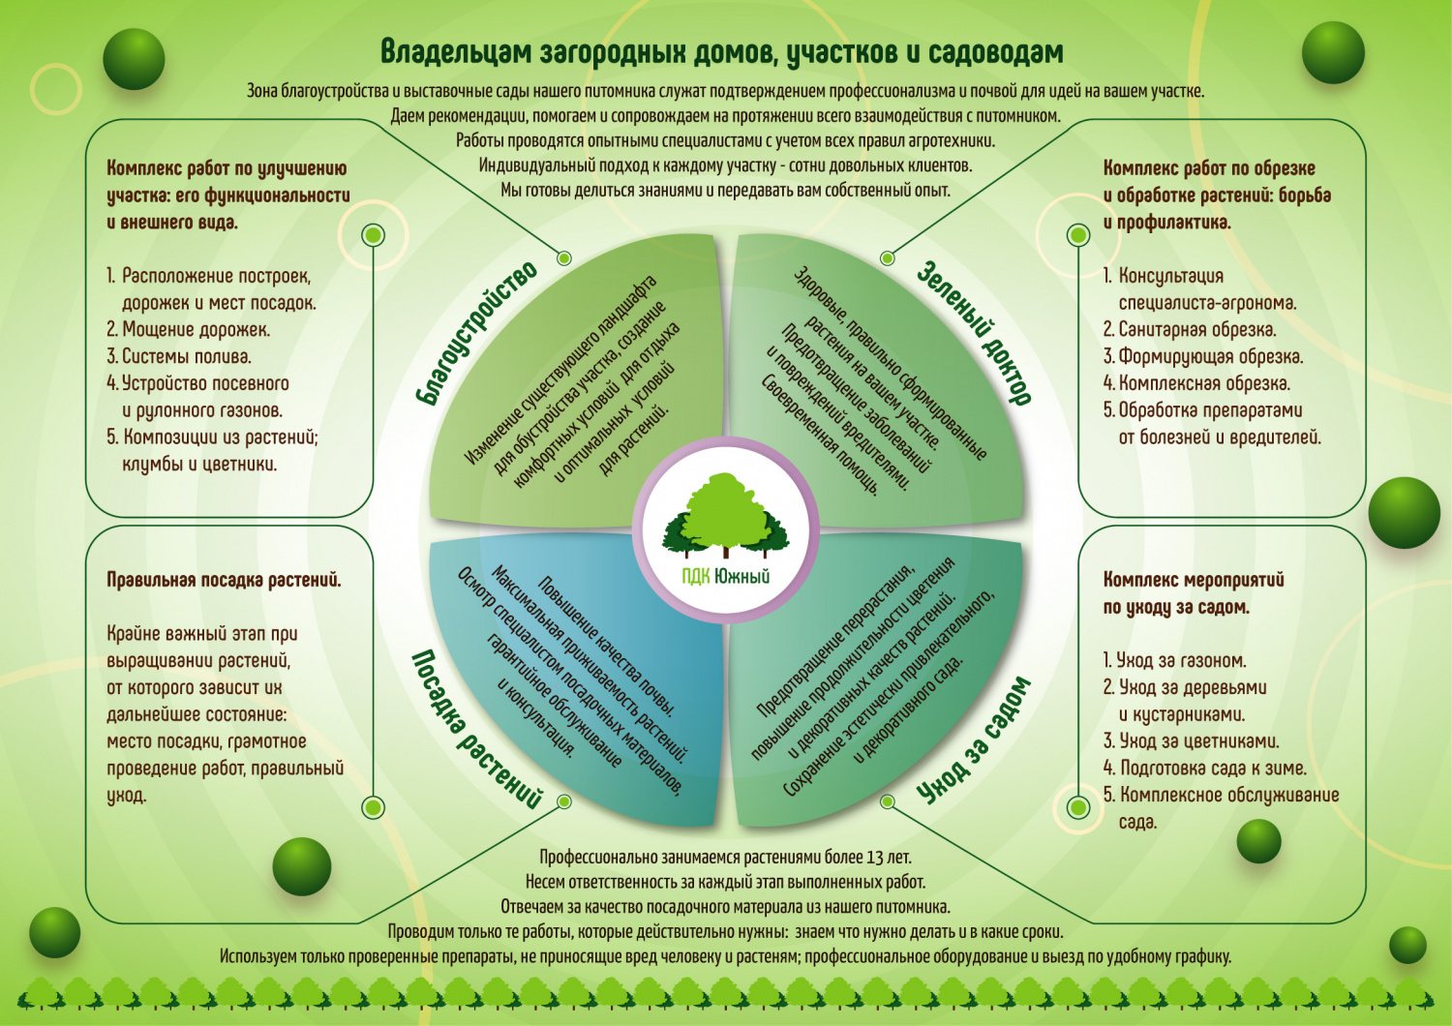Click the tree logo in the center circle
point(725,517)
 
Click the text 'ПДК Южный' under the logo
point(725,577)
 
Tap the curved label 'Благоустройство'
point(476,332)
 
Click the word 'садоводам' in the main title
point(982,51)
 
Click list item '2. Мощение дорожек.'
point(189,329)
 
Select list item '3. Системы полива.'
point(179,356)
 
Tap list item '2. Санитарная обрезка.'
point(1190,329)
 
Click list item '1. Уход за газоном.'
point(1174,661)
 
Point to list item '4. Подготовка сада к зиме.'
point(1204,769)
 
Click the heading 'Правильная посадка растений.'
point(224,581)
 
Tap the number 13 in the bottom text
point(875,858)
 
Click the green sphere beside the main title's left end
point(134,59)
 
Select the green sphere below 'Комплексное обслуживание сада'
point(1258,841)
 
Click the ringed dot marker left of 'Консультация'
point(1077,235)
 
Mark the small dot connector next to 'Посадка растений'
point(564,801)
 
